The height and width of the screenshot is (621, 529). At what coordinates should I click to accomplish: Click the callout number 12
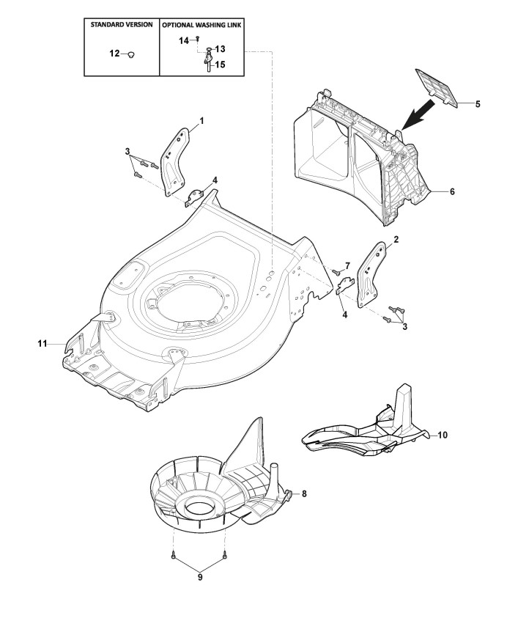(x=114, y=54)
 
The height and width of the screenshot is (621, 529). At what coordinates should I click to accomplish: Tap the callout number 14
(x=185, y=40)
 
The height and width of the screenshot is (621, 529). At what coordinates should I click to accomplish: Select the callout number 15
(x=220, y=65)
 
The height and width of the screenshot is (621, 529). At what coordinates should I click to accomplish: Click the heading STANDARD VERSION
(x=122, y=24)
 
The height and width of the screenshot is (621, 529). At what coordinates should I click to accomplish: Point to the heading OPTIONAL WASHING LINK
(x=203, y=24)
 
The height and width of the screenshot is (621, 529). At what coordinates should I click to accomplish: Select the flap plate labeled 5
(x=437, y=87)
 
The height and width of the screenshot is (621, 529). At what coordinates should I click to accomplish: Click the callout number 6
(x=452, y=191)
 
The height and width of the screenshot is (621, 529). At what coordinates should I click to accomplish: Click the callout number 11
(x=42, y=342)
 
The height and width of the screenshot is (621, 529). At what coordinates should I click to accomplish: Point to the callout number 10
(x=443, y=435)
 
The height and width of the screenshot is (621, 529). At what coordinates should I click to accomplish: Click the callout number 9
(x=199, y=577)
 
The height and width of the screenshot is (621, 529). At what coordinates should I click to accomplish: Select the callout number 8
(x=305, y=493)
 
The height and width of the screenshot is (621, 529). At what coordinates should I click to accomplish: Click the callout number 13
(x=220, y=49)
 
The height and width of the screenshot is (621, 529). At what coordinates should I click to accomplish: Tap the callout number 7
(x=347, y=264)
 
